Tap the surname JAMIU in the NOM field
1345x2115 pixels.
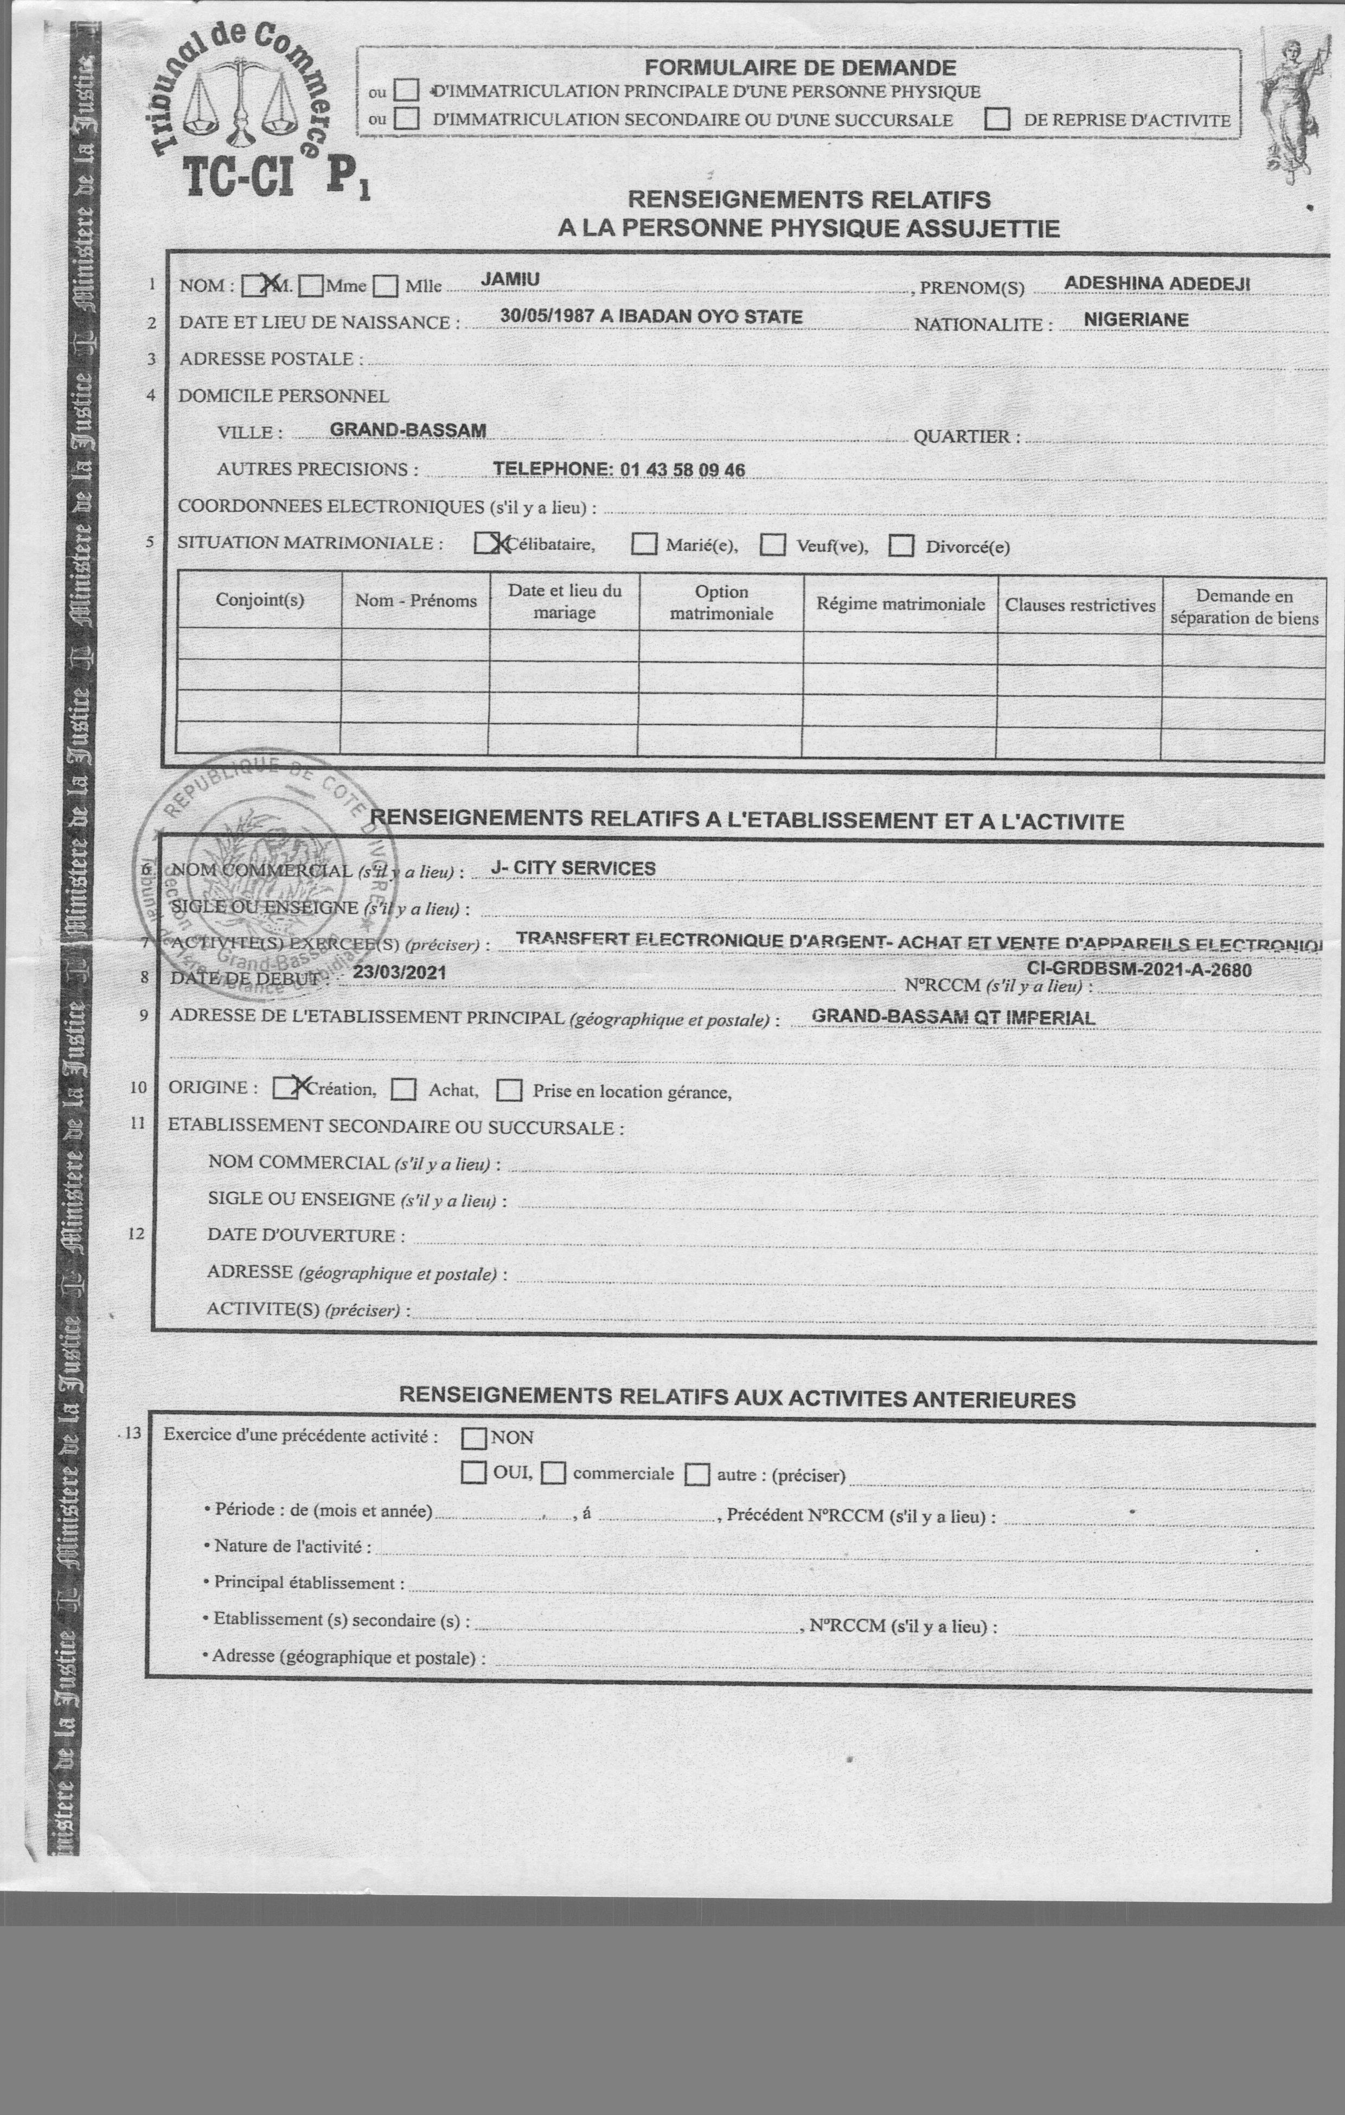(x=510, y=280)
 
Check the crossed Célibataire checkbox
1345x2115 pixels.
(x=488, y=544)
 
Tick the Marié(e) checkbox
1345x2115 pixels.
(x=644, y=544)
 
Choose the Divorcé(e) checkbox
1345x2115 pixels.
(x=901, y=547)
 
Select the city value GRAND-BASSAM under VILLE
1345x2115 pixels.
(x=407, y=430)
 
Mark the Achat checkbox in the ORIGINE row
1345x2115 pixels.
(x=404, y=1090)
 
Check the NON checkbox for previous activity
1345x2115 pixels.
(x=473, y=1438)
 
